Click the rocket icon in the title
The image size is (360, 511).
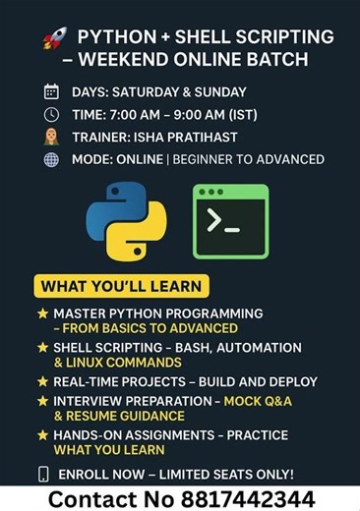54,38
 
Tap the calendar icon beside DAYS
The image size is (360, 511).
51,92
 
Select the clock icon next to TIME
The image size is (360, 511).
51,114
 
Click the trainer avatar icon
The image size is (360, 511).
51,137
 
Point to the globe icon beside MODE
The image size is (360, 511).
51,159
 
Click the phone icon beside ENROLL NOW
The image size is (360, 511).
43,474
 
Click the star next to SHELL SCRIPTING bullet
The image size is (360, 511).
42,348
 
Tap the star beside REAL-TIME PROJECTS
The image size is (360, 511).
42,381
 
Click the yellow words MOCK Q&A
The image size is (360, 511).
258,401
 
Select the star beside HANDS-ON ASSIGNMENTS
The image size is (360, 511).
42,434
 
